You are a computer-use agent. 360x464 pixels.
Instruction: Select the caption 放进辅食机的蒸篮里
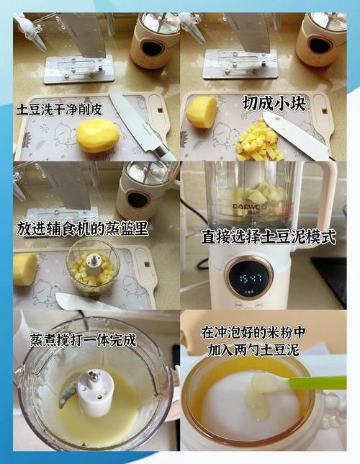(83, 228)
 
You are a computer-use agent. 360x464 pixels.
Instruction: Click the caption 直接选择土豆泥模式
(269, 237)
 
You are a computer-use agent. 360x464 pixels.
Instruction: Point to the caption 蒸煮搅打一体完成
(83, 339)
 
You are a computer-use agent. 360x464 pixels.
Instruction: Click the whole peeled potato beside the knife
(97, 135)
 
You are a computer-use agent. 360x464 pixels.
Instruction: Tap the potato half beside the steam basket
(25, 268)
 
